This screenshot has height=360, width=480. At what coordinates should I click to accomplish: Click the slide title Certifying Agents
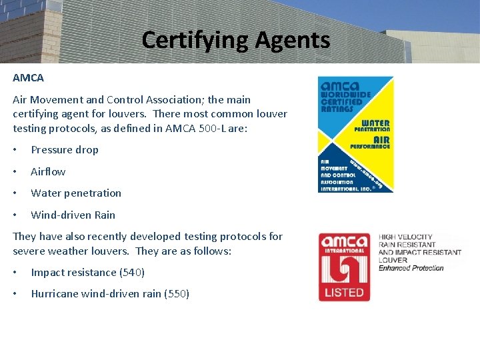(x=235, y=40)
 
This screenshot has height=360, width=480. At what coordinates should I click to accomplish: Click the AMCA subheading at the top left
(x=28, y=78)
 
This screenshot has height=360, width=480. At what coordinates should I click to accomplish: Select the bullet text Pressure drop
(x=65, y=150)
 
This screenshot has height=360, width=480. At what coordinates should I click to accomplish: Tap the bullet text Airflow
(x=48, y=172)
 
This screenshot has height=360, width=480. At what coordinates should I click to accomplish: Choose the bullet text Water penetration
(x=76, y=193)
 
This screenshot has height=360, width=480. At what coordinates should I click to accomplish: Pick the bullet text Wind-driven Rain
(x=73, y=215)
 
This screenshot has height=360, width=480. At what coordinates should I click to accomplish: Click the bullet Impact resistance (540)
(x=87, y=273)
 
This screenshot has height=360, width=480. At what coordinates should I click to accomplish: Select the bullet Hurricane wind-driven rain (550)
(x=110, y=294)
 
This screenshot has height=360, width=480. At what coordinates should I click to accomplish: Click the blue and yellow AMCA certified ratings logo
(x=356, y=134)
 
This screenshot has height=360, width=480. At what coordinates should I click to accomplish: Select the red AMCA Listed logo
(x=344, y=267)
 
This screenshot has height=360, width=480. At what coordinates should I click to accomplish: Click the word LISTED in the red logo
(x=344, y=292)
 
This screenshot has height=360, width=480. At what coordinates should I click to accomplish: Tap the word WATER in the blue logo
(x=375, y=123)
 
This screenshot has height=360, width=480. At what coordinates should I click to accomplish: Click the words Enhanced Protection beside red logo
(x=411, y=268)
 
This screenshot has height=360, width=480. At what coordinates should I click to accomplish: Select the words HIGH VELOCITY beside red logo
(x=405, y=237)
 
